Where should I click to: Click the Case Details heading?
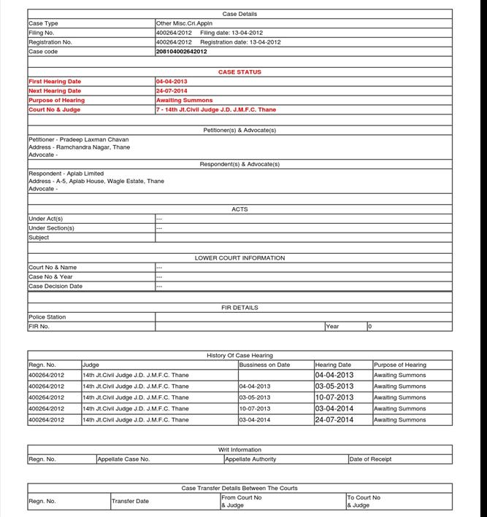pyautogui.click(x=239, y=14)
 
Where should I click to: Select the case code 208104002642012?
pyautogui.click(x=181, y=52)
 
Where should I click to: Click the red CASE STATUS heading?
pyautogui.click(x=239, y=72)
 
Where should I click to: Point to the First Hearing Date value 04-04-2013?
pyautogui.click(x=172, y=82)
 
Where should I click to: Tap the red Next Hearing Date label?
pyautogui.click(x=55, y=91)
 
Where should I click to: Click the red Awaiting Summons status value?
pyautogui.click(x=185, y=100)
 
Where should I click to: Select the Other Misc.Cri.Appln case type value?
pyautogui.click(x=184, y=23)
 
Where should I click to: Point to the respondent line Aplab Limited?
pyautogui.click(x=66, y=174)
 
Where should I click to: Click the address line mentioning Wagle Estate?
pyautogui.click(x=96, y=181)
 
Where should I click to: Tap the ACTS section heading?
pyautogui.click(x=239, y=209)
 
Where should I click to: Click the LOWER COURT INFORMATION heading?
pyautogui.click(x=239, y=258)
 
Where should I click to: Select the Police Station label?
pyautogui.click(x=47, y=317)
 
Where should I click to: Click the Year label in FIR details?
pyautogui.click(x=332, y=327)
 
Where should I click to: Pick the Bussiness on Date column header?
pyautogui.click(x=264, y=365)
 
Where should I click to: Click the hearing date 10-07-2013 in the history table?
pyautogui.click(x=334, y=397)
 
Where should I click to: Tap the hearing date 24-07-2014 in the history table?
pyautogui.click(x=334, y=420)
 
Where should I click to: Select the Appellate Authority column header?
pyautogui.click(x=250, y=459)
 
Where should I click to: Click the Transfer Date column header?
pyautogui.click(x=130, y=501)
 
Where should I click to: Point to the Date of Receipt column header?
pyautogui.click(x=370, y=459)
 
